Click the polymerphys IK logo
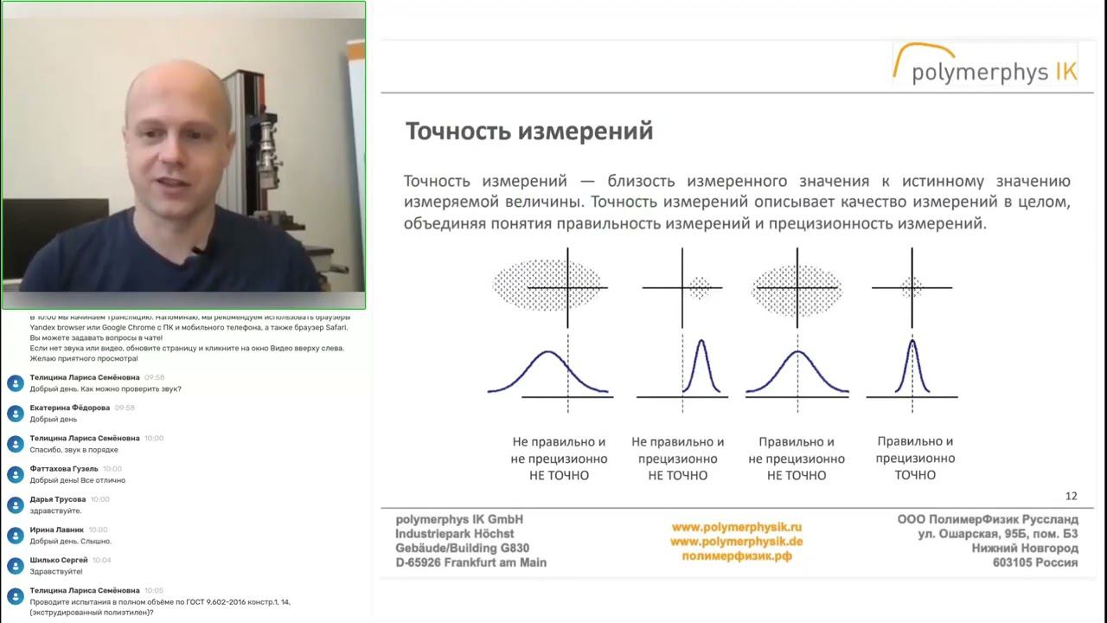click(x=986, y=65)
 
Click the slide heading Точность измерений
click(x=529, y=132)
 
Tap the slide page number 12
click(x=1071, y=496)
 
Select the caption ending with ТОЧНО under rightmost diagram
click(x=915, y=458)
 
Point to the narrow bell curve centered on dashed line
click(x=913, y=366)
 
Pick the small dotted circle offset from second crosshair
click(x=699, y=287)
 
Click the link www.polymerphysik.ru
click(x=737, y=526)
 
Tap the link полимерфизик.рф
click(x=737, y=556)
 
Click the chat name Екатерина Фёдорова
click(x=70, y=408)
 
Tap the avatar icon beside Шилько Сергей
click(x=15, y=565)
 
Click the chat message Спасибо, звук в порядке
click(x=74, y=450)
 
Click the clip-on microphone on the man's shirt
click(x=201, y=251)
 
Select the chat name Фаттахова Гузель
click(x=64, y=469)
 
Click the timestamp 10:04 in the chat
click(x=102, y=561)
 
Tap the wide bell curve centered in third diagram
click(x=797, y=368)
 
